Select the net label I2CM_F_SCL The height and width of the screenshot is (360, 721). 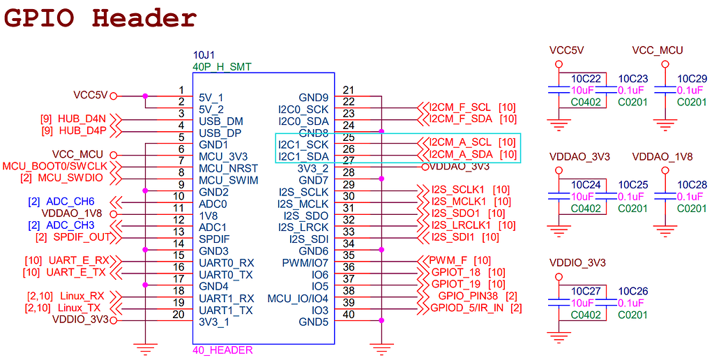[460, 107]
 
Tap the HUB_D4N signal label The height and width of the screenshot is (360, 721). [82, 119]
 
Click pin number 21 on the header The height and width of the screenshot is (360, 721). [349, 90]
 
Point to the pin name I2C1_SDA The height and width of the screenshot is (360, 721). [303, 156]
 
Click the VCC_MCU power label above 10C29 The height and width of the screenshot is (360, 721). [657, 50]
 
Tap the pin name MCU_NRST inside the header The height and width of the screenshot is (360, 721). [228, 169]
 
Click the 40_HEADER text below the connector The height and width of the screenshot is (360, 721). [222, 350]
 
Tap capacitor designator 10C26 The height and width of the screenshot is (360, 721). [633, 291]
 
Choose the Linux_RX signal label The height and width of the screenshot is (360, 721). [82, 296]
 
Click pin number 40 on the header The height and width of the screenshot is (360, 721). [349, 315]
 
